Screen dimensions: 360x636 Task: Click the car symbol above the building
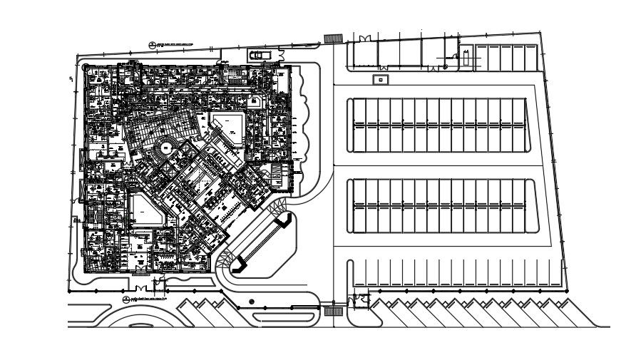click(260, 54)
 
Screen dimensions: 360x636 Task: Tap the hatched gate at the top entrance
click(332, 38)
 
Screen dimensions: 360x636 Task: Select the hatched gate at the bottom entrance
click(332, 311)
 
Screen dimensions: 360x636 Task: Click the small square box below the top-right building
click(381, 80)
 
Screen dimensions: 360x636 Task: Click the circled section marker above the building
click(153, 45)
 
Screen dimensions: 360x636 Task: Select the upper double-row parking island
click(440, 125)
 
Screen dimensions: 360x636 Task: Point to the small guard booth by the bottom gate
click(360, 299)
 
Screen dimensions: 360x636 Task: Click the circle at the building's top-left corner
click(86, 68)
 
